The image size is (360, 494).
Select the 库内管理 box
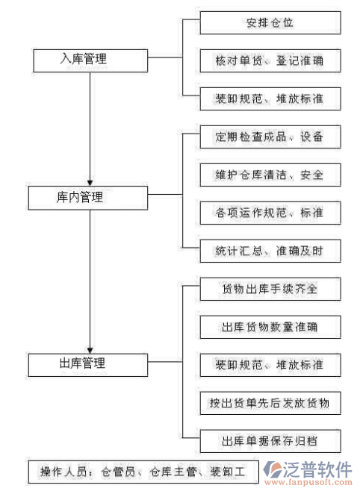tap(89, 198)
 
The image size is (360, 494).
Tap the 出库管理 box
tap(89, 364)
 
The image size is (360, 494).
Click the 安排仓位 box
tap(270, 23)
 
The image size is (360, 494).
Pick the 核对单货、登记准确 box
tap(270, 60)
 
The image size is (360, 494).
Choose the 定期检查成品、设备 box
tap(270, 137)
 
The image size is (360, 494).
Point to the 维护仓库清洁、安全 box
tap(270, 175)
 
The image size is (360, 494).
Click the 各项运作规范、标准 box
tap(270, 213)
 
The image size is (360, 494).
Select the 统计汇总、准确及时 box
tap(270, 251)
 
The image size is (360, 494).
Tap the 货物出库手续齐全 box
tap(270, 289)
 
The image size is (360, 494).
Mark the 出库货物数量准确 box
tap(270, 327)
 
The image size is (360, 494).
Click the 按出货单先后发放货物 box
tap(270, 404)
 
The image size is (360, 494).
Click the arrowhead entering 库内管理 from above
tap(90, 181)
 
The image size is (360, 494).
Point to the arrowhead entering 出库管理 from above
tap(90, 348)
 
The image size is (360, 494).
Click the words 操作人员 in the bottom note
tap(60, 472)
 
